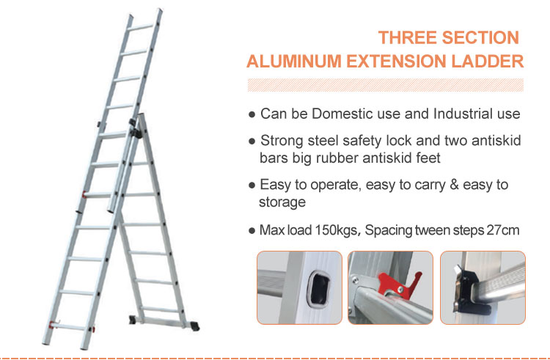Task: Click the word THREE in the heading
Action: point(407,37)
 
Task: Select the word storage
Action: point(282,202)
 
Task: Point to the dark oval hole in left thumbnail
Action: point(318,288)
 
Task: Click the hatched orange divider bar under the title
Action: point(386,85)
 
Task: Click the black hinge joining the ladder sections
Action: point(135,129)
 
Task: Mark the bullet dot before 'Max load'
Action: point(252,231)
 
